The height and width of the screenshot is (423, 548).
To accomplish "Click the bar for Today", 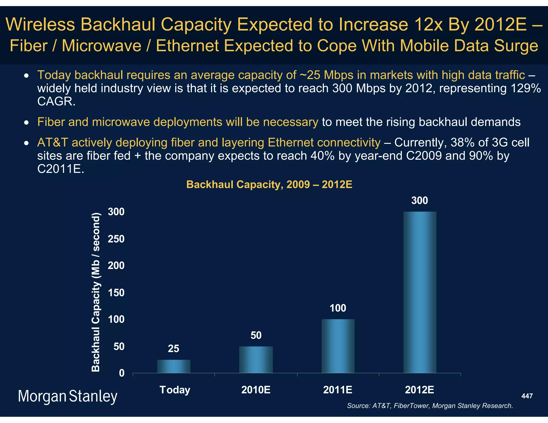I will pyautogui.click(x=174, y=366).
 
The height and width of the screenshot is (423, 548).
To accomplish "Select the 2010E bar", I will pyautogui.click(x=256, y=359).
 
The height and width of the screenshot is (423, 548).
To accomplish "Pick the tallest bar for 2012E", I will pyautogui.click(x=420, y=292).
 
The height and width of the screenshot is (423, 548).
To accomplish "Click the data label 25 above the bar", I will pyautogui.click(x=173, y=349).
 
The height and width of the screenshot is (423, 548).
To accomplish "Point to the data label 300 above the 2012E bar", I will pyautogui.click(x=420, y=201).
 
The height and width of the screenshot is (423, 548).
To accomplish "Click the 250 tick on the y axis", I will pyautogui.click(x=116, y=239).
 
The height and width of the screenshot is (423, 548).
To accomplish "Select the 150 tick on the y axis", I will pyautogui.click(x=116, y=293).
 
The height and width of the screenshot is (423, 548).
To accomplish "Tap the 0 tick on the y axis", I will pyautogui.click(x=122, y=373).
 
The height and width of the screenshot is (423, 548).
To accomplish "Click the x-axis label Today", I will pyautogui.click(x=175, y=390).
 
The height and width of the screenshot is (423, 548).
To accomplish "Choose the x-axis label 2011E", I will pyautogui.click(x=338, y=390).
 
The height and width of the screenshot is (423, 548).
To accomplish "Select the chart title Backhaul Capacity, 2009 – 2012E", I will pyautogui.click(x=269, y=184).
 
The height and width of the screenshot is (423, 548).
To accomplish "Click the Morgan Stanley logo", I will pyautogui.click(x=67, y=396).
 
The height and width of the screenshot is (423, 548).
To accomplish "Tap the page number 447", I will pyautogui.click(x=527, y=396).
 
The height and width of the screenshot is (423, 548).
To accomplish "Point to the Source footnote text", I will pyautogui.click(x=430, y=406).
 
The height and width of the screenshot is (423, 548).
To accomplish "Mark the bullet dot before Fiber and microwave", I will pyautogui.click(x=26, y=123).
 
